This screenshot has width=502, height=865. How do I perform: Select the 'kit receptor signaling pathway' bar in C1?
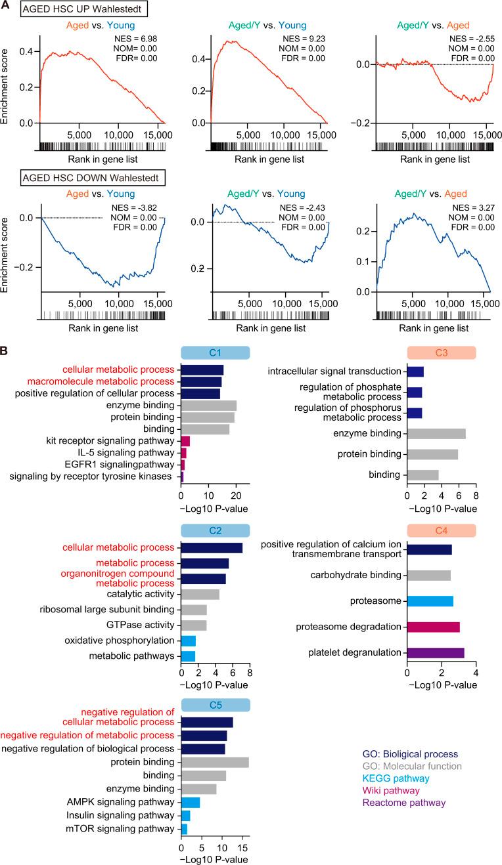click(x=185, y=441)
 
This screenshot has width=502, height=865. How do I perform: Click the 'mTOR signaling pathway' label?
click(x=126, y=829)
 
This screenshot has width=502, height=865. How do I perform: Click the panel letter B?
click(x=6, y=351)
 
